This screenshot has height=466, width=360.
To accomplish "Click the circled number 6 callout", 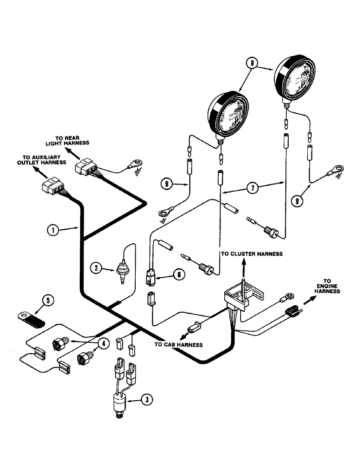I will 178,275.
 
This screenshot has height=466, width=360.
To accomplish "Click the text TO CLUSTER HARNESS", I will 251,254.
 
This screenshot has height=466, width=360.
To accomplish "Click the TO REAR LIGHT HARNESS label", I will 74,141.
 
